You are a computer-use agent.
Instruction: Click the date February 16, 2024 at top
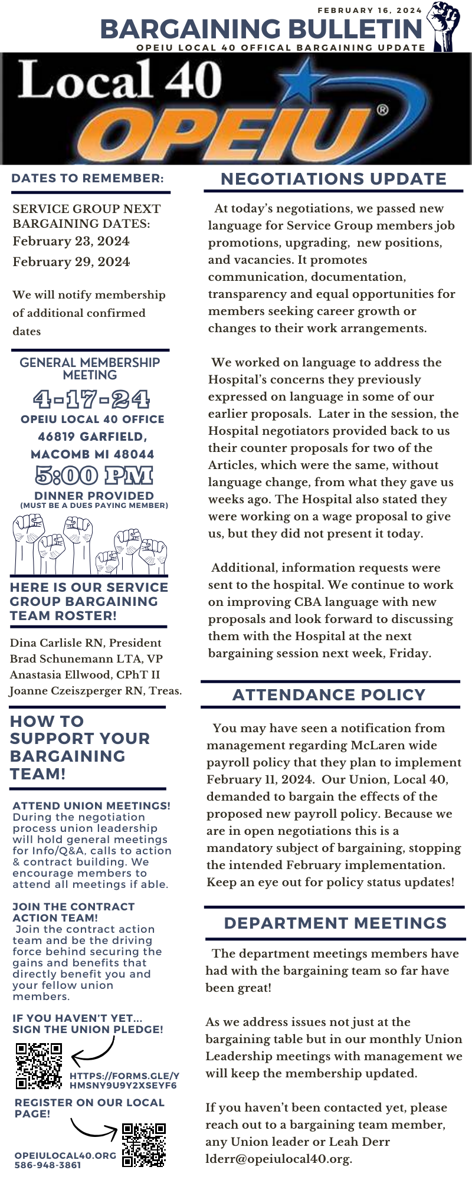point(370,10)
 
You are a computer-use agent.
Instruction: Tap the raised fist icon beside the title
point(445,26)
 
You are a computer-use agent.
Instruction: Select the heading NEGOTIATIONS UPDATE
point(333,179)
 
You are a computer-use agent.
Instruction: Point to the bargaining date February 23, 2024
point(71,241)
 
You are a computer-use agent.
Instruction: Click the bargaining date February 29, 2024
point(71,262)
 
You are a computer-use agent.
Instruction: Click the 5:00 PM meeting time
point(93,476)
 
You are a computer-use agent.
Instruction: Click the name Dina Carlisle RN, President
point(86,643)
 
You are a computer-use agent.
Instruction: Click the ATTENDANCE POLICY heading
point(329,694)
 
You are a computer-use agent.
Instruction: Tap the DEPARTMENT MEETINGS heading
point(335,923)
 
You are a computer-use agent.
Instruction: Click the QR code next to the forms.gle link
point(38,1066)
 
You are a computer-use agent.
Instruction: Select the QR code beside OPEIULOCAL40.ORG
point(144,1145)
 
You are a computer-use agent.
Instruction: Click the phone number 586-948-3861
point(47,1165)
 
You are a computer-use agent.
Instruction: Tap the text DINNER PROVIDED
point(94,496)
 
